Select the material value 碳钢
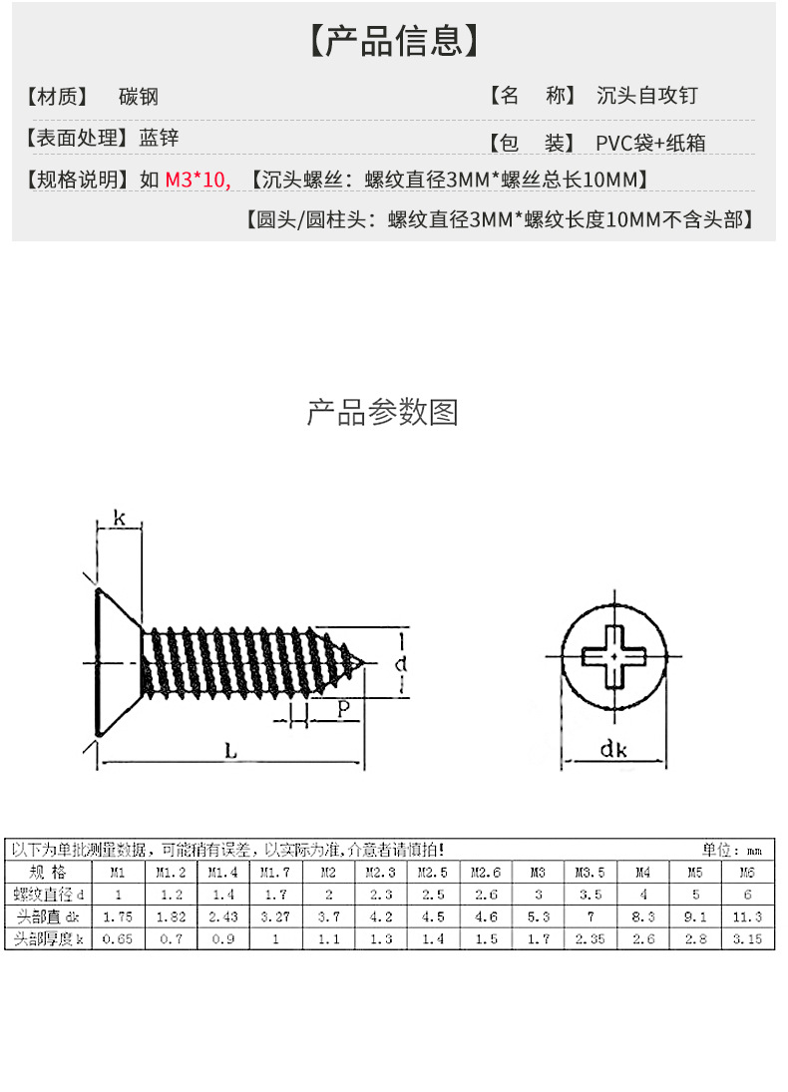click(x=138, y=97)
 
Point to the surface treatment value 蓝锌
click(x=159, y=139)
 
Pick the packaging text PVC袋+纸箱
click(x=650, y=143)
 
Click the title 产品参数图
click(x=382, y=412)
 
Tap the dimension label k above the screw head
click(x=119, y=518)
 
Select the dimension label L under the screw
click(x=230, y=753)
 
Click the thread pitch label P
click(x=343, y=707)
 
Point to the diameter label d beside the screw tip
click(x=400, y=663)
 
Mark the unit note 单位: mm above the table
click(x=732, y=850)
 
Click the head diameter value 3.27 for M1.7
click(x=274, y=915)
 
